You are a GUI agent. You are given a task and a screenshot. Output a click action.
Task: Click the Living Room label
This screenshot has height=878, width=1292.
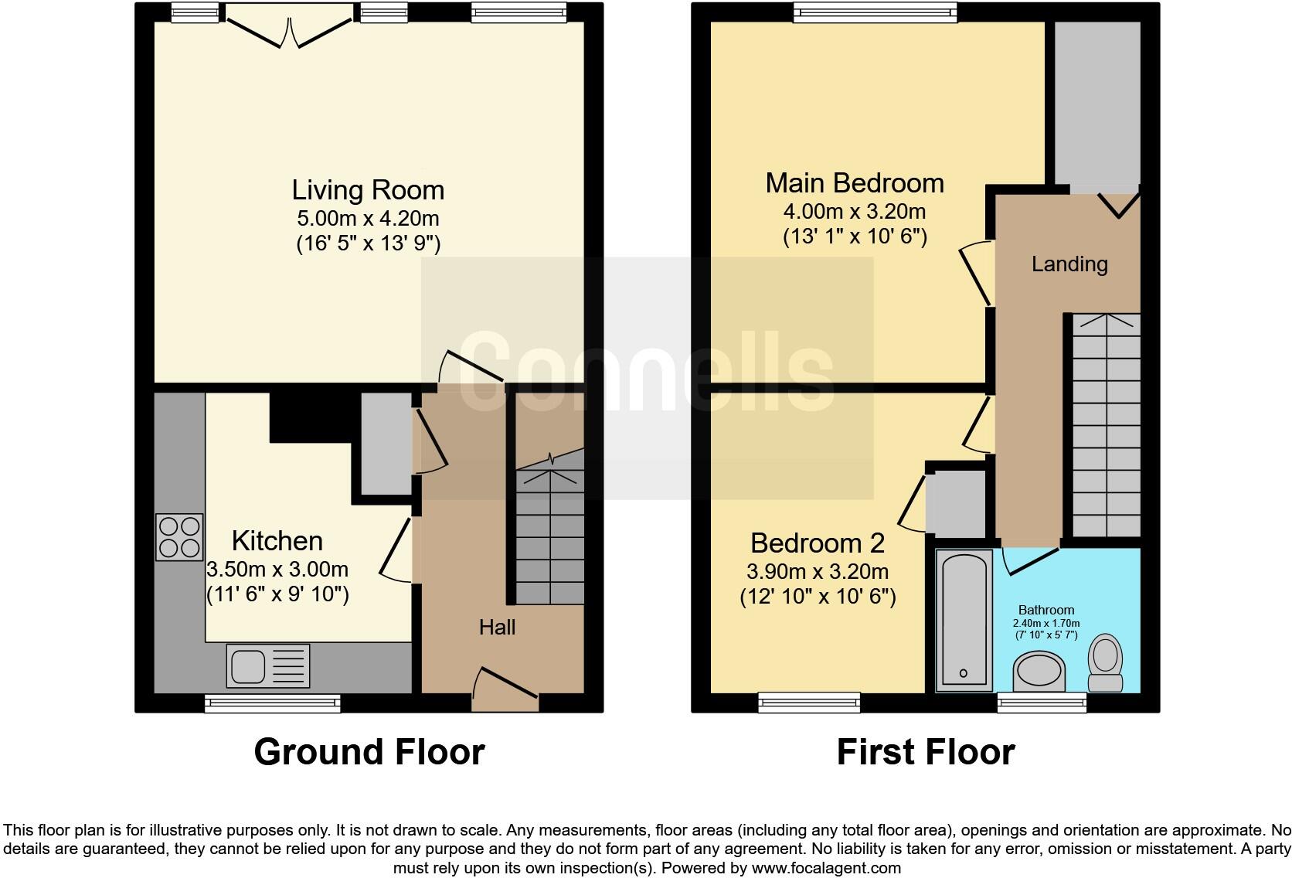tap(368, 190)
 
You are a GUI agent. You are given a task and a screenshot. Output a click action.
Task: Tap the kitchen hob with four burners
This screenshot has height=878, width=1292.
tap(179, 537)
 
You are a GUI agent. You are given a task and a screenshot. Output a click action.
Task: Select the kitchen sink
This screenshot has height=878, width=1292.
tap(267, 665)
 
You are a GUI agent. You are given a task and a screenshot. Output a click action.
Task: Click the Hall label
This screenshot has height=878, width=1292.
tap(497, 627)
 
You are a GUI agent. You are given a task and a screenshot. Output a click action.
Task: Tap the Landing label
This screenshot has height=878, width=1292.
tap(1069, 264)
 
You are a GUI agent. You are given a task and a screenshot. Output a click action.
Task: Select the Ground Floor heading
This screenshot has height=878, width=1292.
tap(369, 752)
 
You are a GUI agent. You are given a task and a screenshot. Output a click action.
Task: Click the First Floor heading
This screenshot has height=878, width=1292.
tap(925, 752)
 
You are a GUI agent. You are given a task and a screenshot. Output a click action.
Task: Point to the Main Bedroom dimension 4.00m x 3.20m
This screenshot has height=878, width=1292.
tap(854, 212)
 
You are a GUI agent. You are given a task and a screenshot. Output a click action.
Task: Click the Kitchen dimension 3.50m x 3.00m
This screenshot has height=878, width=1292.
tap(277, 570)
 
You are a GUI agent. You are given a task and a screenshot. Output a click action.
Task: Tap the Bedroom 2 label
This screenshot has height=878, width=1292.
tap(817, 543)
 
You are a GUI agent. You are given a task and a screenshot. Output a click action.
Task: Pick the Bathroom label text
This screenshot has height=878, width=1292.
tap(1046, 610)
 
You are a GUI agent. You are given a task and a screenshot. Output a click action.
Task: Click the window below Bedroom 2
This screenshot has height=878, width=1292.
tap(809, 701)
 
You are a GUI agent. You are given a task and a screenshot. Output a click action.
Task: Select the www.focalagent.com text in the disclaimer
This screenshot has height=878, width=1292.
tap(825, 868)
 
